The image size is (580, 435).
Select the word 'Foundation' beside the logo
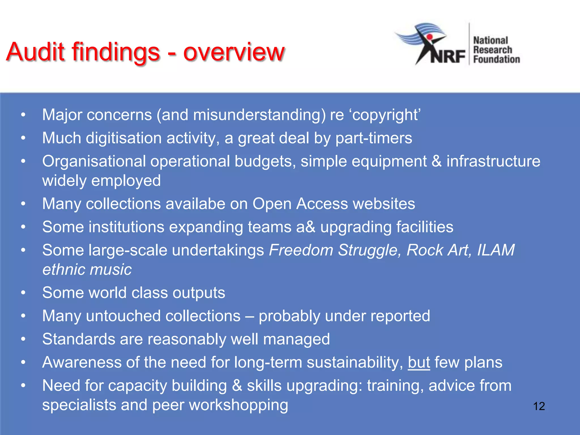[496, 59]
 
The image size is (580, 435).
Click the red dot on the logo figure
[430, 37]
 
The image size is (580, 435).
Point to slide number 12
[539, 406]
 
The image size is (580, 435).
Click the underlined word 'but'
[419, 362]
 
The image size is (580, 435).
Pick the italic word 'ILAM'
[496, 250]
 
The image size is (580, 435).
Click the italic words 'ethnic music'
[87, 269]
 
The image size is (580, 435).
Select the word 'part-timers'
[374, 138]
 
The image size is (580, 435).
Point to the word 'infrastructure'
[493, 161]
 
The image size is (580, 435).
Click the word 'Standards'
[78, 339]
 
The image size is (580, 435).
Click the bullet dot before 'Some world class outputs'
[23, 293]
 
